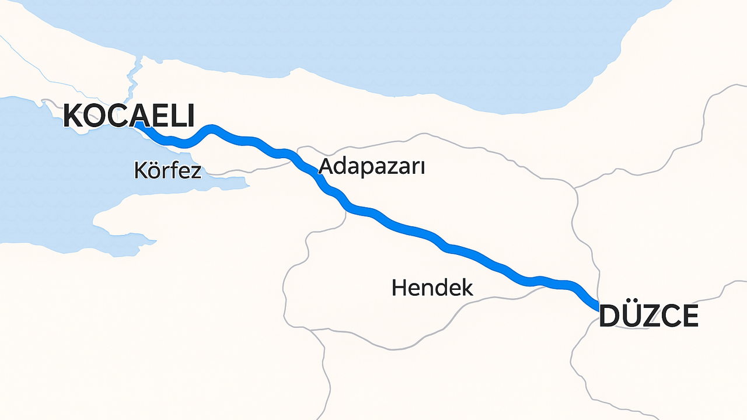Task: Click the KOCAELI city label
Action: pyautogui.click(x=128, y=116)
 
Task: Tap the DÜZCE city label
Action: pyautogui.click(x=648, y=317)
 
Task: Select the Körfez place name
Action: pyautogui.click(x=167, y=171)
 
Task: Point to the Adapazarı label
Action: pyautogui.click(x=371, y=167)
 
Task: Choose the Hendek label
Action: pyautogui.click(x=432, y=288)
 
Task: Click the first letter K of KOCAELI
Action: pyautogui.click(x=73, y=116)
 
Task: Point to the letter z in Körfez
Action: pyautogui.click(x=195, y=171)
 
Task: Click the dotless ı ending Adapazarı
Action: pyautogui.click(x=421, y=168)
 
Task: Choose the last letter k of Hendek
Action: pyautogui.click(x=467, y=288)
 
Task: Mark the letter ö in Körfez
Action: pyautogui.click(x=151, y=171)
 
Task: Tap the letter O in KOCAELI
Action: pyautogui.click(x=95, y=116)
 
